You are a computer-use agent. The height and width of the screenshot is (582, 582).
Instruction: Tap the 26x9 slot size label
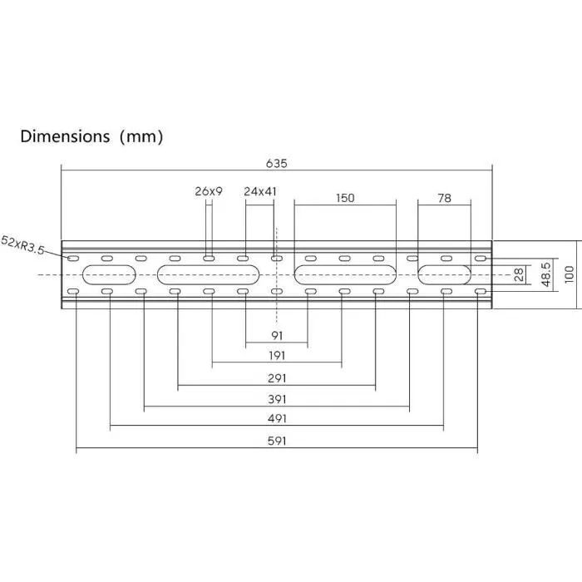pos(209,191)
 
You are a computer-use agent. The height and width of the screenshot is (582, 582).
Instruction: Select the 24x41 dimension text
pos(260,191)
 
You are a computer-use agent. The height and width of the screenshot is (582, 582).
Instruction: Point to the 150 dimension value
pos(345,198)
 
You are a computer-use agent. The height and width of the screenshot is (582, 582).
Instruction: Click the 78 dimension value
pos(444,198)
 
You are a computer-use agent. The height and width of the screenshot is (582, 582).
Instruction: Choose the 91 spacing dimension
pos(278,336)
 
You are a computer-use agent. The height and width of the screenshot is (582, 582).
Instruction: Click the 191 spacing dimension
pos(278,356)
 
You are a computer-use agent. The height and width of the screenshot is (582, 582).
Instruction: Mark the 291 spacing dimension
pos(278,377)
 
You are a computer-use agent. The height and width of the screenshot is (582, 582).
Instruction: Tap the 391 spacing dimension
pos(278,399)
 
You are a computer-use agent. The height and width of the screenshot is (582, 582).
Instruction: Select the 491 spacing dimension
pos(278,420)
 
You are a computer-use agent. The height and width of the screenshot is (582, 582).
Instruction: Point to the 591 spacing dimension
pos(278,442)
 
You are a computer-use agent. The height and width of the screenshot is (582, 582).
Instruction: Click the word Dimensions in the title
pos(65,136)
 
